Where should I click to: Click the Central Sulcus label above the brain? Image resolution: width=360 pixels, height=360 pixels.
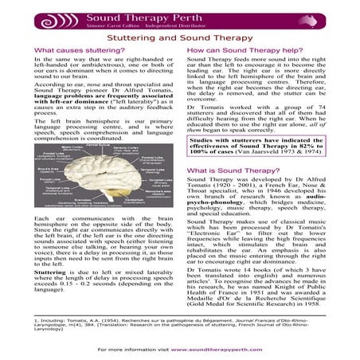102,143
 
